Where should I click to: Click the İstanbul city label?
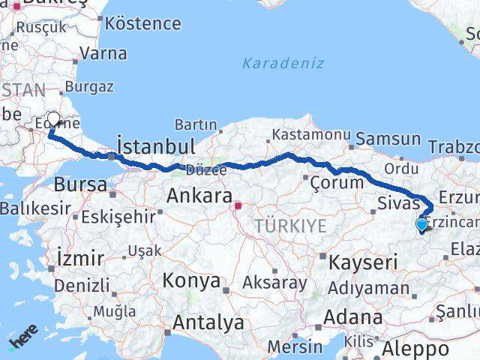(157, 145)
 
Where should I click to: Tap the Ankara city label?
(198, 196)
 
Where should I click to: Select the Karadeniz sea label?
(283, 63)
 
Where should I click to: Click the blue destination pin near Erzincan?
(421, 224)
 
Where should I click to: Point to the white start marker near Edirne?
(53, 118)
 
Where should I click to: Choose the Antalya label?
(208, 323)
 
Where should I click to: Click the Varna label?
(102, 53)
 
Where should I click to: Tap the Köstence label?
(143, 22)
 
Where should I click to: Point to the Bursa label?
(80, 184)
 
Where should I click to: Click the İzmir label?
(80, 259)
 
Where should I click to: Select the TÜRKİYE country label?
(290, 226)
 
